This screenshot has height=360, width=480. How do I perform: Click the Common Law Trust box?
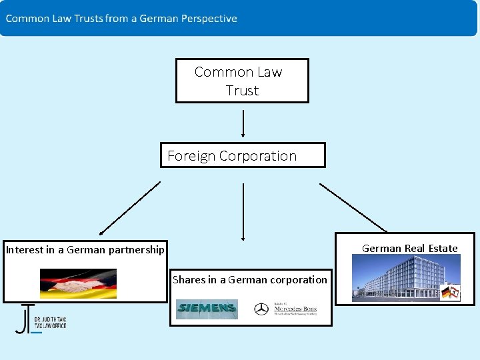pos(242,81)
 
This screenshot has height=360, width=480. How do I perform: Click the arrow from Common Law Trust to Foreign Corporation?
pos(243,123)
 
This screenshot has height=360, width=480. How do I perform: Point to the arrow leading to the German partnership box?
pos(130,208)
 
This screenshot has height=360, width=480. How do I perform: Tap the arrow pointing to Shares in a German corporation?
pos(243,211)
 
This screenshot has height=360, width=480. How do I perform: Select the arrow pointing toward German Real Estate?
pos(353,207)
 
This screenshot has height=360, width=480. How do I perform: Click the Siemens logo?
pos(206,309)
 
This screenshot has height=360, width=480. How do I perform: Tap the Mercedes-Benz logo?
pos(285,309)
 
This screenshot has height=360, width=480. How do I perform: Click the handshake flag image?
pos(78,283)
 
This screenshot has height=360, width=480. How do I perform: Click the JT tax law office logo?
pos(41,319)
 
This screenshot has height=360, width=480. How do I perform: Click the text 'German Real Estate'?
pos(409,249)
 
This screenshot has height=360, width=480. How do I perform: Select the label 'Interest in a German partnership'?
pos(85,250)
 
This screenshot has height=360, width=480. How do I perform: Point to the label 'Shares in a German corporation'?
pos(250,280)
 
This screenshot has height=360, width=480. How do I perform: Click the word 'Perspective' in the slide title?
pos(207,19)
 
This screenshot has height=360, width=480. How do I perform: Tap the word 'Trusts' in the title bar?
pos(87,19)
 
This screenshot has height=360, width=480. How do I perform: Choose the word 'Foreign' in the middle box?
pos(191,156)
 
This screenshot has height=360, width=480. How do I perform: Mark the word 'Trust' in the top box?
pos(242,91)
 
